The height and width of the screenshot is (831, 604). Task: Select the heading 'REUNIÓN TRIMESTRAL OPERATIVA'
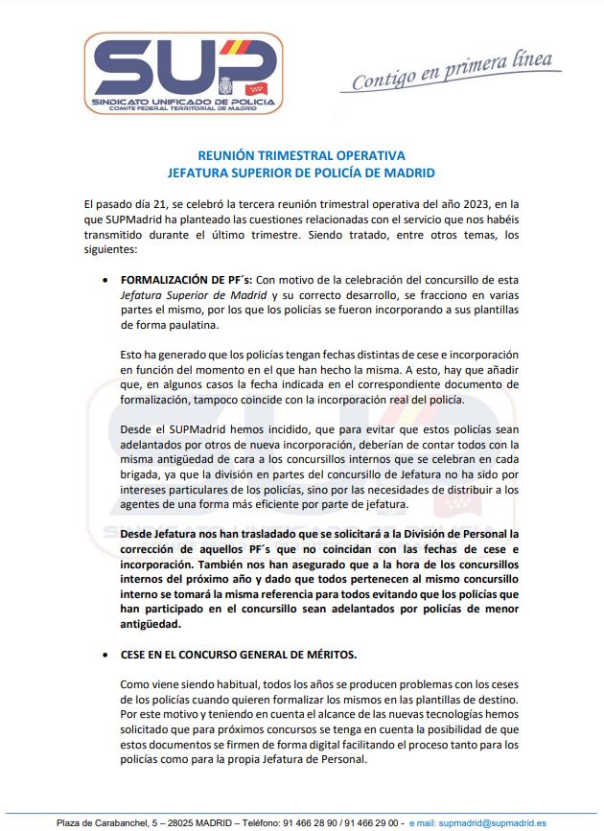click(301, 155)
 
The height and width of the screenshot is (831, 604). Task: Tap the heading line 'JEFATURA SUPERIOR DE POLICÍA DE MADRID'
click(301, 173)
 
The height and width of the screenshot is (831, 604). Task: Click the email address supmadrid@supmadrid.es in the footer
click(492, 822)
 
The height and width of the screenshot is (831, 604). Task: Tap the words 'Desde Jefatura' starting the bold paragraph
click(159, 533)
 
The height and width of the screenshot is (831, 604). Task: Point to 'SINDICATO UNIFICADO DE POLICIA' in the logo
click(181, 101)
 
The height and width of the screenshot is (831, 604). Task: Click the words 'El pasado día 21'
click(127, 204)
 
